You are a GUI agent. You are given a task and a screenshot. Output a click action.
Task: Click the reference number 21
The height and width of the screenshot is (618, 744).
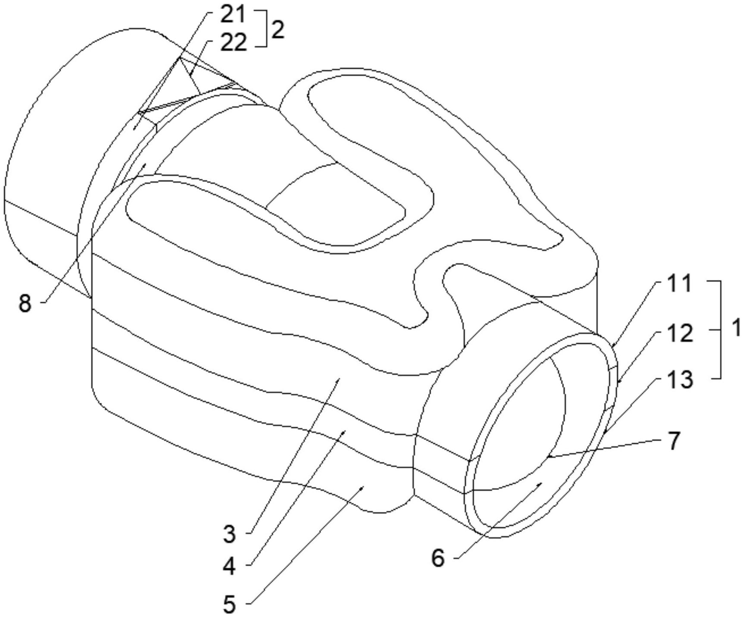[233, 15]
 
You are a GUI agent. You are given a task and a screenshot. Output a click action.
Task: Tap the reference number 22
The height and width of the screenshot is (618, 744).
[233, 43]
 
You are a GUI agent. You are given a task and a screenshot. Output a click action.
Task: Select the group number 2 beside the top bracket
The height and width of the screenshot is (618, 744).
[278, 30]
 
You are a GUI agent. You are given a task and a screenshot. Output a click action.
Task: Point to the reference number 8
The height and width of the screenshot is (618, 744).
[25, 303]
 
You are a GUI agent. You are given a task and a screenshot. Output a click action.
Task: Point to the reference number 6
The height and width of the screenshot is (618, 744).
[438, 558]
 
